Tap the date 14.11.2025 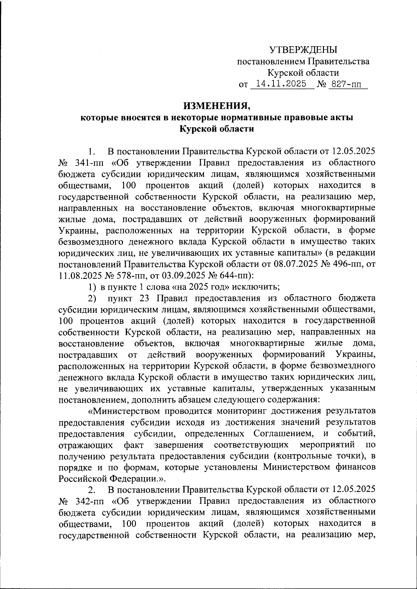(x=280, y=84)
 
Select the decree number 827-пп (x=347, y=84)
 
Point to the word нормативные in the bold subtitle (x=253, y=117)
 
